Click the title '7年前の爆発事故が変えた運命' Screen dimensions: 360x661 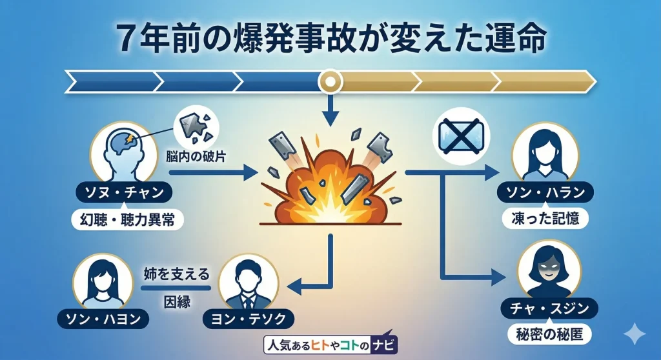point(330,37)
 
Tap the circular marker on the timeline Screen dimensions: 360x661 point(330,82)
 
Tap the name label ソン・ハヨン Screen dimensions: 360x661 point(104,317)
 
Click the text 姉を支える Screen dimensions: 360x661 point(176,274)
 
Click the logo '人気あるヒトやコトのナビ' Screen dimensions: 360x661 point(331,345)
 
